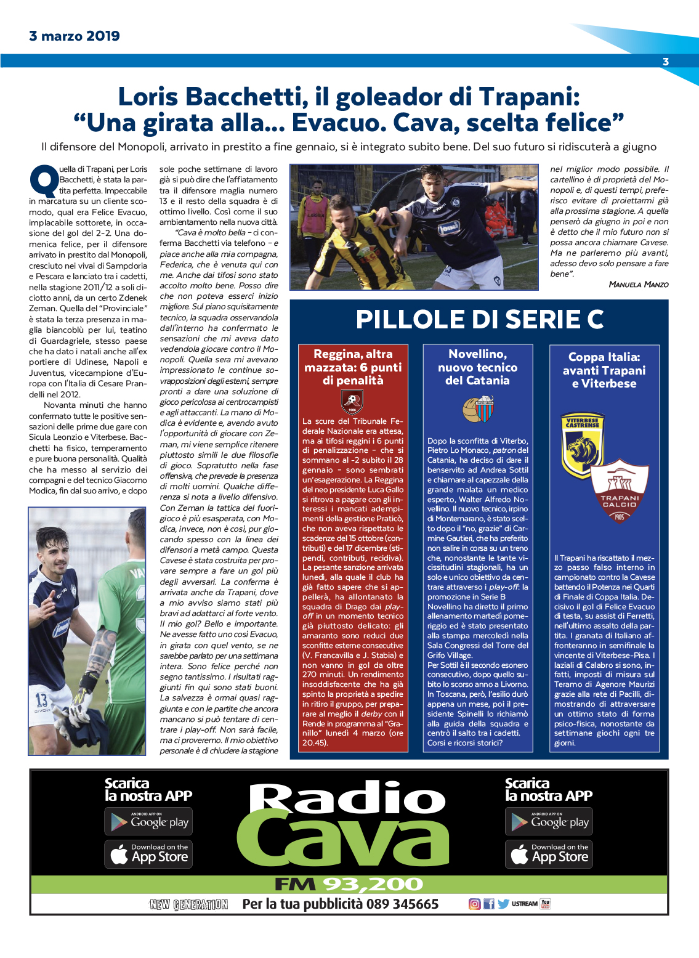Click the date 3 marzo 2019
(75, 36)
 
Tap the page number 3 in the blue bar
(666, 62)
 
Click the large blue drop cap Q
(43, 180)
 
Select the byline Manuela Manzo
(638, 284)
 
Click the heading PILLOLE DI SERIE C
(479, 319)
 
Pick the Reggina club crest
(352, 402)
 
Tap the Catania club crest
(477, 408)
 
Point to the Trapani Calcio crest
(620, 491)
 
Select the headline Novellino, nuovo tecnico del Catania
(477, 367)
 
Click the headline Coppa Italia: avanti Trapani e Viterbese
(604, 370)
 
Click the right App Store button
(549, 854)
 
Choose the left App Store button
(148, 854)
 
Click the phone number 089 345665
(402, 904)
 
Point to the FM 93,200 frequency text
(349, 885)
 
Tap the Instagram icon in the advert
(474, 904)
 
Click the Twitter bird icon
(503, 904)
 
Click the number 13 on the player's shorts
(41, 700)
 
